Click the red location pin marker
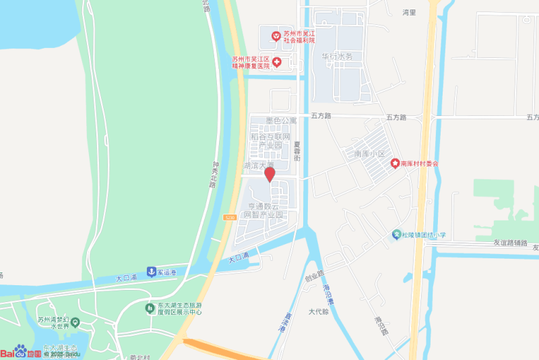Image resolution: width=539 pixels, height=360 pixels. [269, 175]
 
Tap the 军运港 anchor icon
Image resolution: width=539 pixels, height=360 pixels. [151, 272]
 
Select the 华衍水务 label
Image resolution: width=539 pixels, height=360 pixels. [336, 57]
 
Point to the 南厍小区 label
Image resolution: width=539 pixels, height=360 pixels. [369, 154]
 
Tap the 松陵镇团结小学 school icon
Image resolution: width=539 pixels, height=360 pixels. [395, 235]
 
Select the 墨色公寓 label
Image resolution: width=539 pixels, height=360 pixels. [281, 121]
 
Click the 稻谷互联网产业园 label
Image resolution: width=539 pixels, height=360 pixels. [270, 140]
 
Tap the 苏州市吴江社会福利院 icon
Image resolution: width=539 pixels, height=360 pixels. [276, 36]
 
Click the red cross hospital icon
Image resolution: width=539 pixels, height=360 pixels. [277, 62]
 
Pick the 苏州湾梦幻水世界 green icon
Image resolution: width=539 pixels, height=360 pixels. [75, 322]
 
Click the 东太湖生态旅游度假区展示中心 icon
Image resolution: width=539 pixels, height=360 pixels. [150, 309]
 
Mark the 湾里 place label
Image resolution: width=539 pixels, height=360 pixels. [409, 12]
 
